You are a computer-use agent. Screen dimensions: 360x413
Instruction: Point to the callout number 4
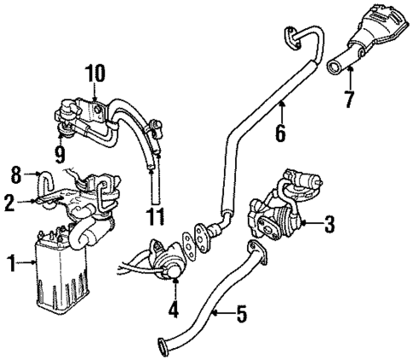click(x=174, y=310)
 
